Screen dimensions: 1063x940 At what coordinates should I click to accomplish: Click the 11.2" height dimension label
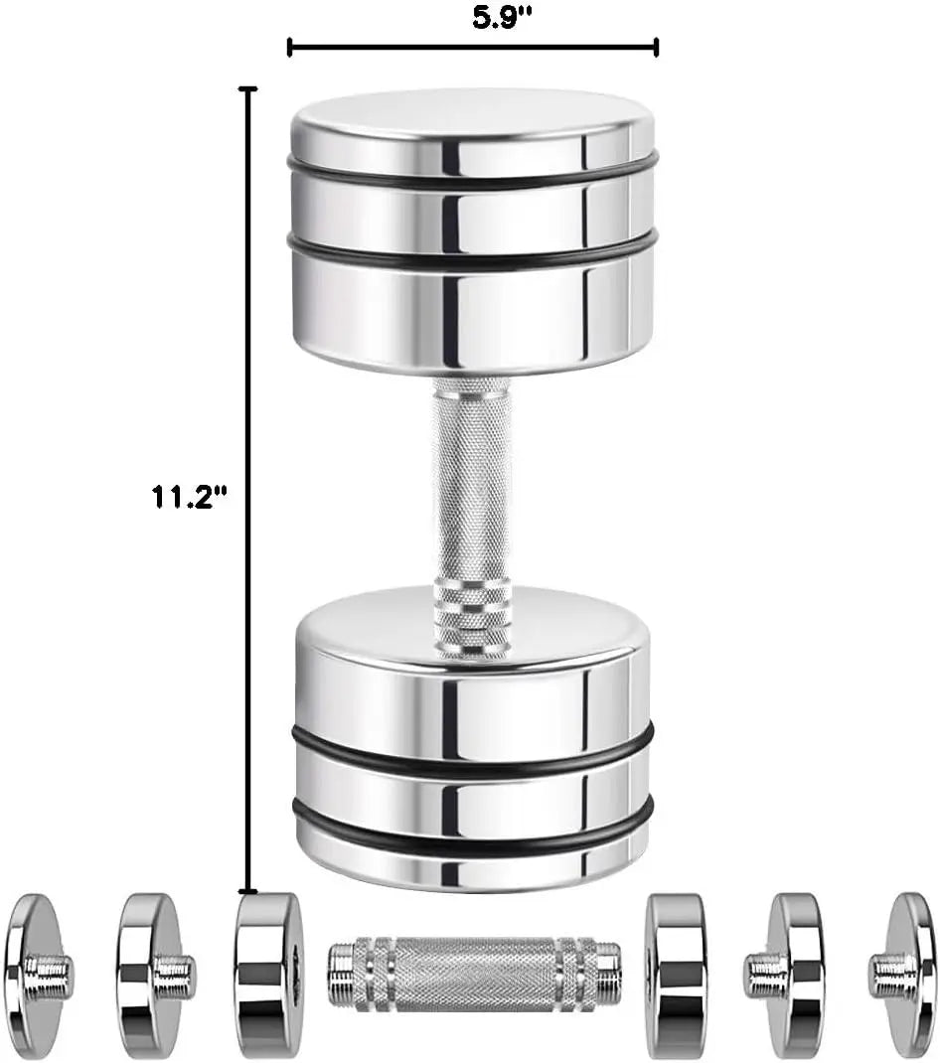190,497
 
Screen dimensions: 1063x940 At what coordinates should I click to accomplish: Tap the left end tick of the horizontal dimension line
289,47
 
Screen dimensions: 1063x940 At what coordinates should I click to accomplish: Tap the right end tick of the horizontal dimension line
657,47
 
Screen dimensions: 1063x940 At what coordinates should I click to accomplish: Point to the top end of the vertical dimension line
248,89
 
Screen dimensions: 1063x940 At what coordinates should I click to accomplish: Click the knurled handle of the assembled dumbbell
471,487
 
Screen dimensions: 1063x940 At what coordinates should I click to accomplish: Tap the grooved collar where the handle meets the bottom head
472,610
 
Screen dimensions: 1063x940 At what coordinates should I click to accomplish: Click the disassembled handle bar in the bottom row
474,974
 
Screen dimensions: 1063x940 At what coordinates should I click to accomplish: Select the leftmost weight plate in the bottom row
34,974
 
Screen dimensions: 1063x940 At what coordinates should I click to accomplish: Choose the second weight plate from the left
149,974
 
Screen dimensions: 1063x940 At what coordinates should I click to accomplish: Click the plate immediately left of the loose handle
266,974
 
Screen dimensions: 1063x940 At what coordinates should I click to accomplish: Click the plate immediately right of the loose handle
677,974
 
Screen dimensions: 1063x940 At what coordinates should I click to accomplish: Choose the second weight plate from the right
790,974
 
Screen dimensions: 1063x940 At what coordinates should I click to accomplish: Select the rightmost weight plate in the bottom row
906,974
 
